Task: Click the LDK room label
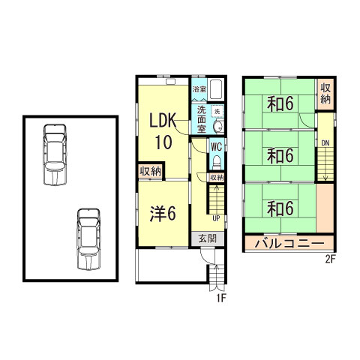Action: click(x=163, y=121)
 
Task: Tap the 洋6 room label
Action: click(x=163, y=214)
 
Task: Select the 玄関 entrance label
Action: click(x=207, y=238)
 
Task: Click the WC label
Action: click(x=216, y=147)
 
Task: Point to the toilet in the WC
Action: click(x=216, y=163)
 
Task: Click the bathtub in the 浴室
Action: click(x=216, y=89)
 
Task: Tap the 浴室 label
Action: click(x=199, y=89)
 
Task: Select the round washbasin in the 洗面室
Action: click(x=218, y=127)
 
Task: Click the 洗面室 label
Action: click(x=202, y=119)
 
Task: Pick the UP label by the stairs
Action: click(x=216, y=218)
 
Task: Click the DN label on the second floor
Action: click(x=325, y=143)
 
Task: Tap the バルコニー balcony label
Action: click(x=289, y=243)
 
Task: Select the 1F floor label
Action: click(x=221, y=298)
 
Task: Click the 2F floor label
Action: click(x=330, y=259)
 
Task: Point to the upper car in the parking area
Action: click(x=55, y=154)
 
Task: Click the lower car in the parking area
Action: click(x=88, y=239)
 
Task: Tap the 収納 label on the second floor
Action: click(x=325, y=94)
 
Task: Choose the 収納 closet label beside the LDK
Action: click(x=151, y=172)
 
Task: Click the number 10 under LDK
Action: click(x=163, y=142)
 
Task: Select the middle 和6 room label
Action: click(x=280, y=155)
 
